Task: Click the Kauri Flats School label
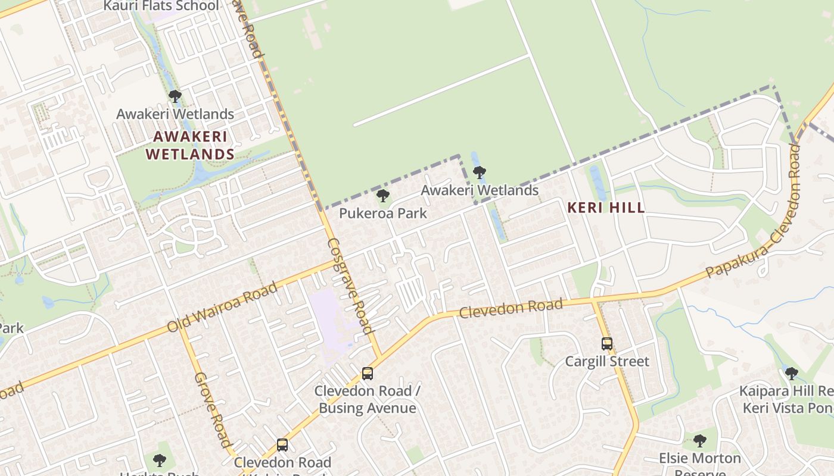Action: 161,6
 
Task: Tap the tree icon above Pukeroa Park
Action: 383,196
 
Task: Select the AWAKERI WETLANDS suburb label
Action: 190,146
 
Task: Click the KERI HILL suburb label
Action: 606,208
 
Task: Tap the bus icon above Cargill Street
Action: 606,344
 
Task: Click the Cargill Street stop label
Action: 606,361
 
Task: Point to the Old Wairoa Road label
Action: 223,307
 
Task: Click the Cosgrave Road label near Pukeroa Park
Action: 350,286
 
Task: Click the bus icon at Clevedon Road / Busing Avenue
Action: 368,374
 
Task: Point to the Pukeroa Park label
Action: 383,213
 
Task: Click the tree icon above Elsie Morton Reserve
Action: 700,441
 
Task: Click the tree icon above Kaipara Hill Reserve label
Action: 791,374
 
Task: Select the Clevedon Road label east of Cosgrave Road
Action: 511,308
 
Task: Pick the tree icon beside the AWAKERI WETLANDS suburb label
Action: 175,96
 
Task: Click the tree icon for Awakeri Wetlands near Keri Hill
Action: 479,173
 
